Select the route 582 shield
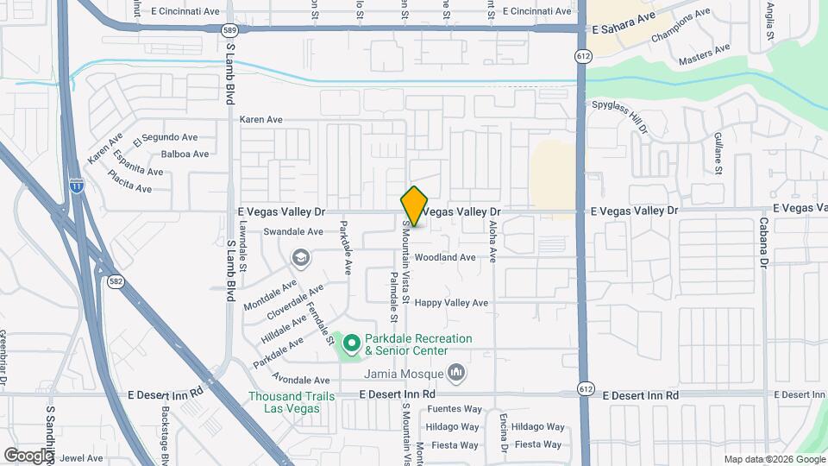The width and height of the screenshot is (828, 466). point(114,282)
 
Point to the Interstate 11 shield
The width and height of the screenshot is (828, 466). point(77,184)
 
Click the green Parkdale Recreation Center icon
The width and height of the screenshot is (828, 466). point(352,344)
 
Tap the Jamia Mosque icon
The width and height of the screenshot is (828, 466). point(456,374)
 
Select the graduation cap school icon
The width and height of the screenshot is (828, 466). point(300,258)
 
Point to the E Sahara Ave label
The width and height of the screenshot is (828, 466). point(624,28)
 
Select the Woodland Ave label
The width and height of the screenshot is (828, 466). point(444,257)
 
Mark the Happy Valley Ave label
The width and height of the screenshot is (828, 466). point(451,303)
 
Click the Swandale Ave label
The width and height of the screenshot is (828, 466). point(293,231)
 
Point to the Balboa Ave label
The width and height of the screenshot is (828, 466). point(185,154)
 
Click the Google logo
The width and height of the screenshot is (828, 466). point(28,455)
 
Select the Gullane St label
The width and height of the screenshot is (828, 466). point(718,153)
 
